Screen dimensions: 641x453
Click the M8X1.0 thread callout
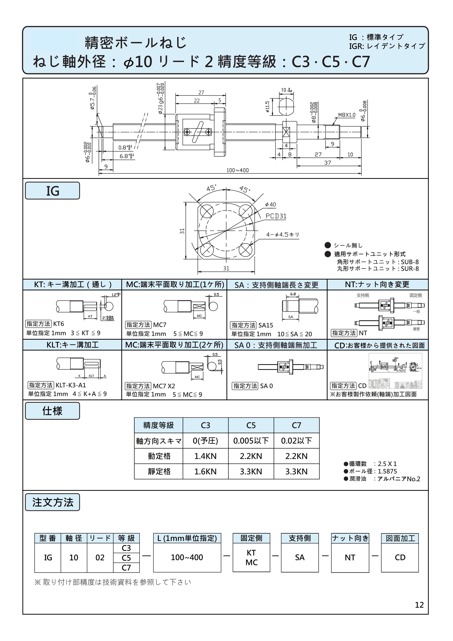point(347,115)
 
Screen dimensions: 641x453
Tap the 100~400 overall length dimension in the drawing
point(237,170)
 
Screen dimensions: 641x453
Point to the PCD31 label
point(276,216)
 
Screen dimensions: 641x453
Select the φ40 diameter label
point(271,205)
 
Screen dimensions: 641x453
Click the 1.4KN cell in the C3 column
point(205,456)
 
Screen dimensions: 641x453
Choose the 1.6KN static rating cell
point(205,472)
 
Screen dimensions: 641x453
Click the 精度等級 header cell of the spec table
point(159,425)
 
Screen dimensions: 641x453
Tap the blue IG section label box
point(52,191)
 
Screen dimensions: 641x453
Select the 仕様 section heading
point(52,411)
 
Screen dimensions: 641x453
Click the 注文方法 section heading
point(52,502)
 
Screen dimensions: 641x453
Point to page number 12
point(419,605)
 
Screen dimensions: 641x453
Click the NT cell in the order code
point(350,557)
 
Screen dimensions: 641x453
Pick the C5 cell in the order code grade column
point(126,558)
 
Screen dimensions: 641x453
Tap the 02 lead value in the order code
point(100,557)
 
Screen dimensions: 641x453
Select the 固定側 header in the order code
point(251,538)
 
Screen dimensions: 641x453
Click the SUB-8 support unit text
point(410,262)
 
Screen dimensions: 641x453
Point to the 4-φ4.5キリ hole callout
point(282,234)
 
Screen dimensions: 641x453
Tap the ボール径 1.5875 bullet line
point(370,471)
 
